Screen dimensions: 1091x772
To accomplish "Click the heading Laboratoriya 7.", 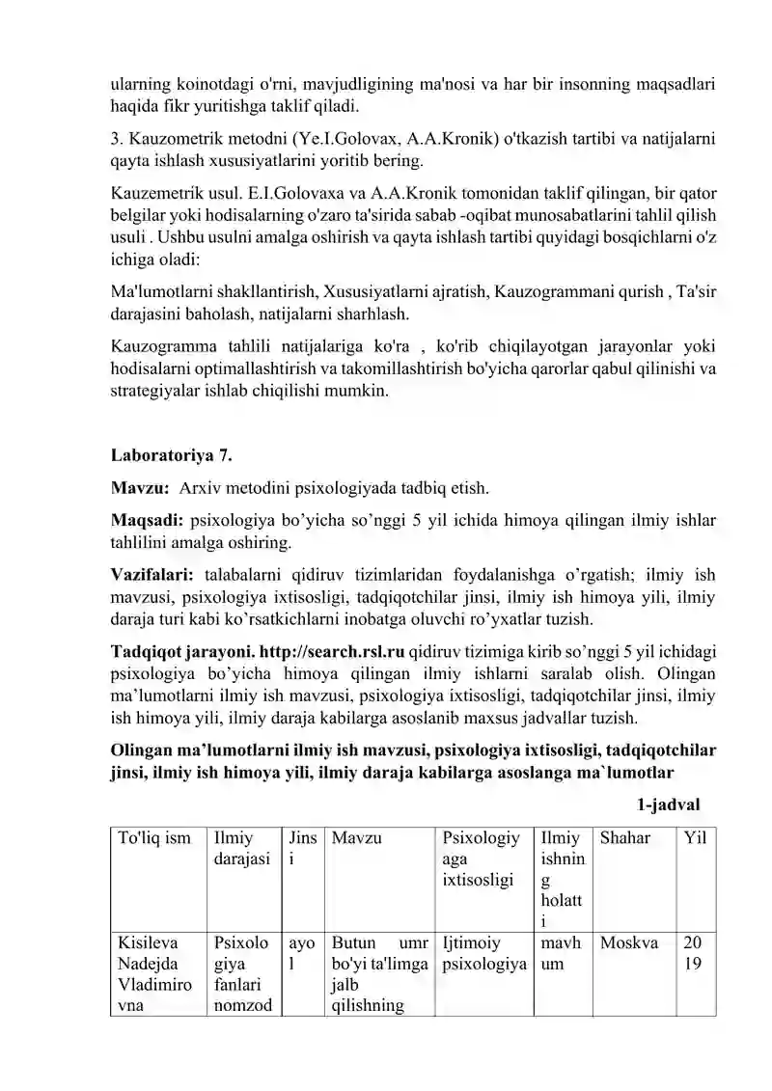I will (x=172, y=453).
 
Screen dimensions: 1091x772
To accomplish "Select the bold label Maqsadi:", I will (x=148, y=522).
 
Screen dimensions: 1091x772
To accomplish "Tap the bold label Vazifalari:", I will (x=154, y=575).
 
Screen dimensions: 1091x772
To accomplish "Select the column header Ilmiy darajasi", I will (x=240, y=849).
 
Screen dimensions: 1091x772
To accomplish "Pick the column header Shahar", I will (x=625, y=838).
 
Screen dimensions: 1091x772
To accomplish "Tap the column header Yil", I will (x=695, y=838).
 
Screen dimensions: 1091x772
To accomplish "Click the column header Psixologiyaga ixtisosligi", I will (x=481, y=859).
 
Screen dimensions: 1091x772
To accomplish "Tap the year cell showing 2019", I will (x=693, y=953).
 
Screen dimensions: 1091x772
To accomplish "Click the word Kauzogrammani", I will (x=545, y=290).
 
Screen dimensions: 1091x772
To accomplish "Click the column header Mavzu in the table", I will (x=357, y=838).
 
